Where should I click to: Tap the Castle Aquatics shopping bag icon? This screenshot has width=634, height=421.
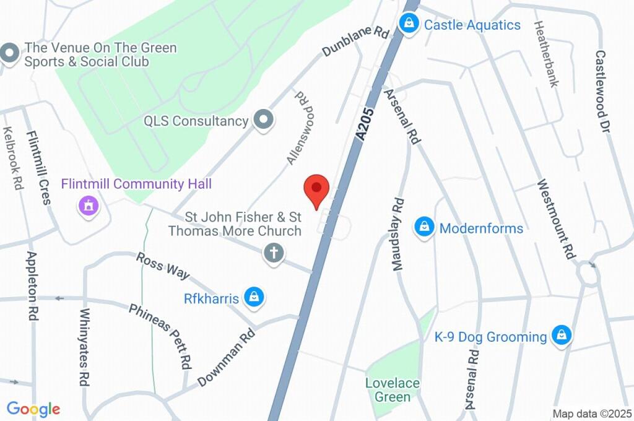(408, 25)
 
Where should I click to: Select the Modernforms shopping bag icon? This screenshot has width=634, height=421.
(424, 227)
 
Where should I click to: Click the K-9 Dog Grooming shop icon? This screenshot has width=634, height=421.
(562, 336)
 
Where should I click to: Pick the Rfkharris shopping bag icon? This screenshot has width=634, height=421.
(254, 298)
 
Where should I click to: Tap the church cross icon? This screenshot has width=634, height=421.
(272, 253)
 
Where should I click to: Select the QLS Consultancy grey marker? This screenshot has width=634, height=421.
(264, 120)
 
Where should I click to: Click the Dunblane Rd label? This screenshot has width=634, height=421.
(354, 41)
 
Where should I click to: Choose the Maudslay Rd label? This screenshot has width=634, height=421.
(397, 233)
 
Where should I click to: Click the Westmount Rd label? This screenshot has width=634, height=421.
(556, 218)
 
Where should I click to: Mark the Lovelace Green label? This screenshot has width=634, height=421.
(392, 390)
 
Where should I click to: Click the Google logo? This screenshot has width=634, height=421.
(33, 409)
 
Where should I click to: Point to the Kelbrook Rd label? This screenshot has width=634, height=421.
(12, 158)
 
